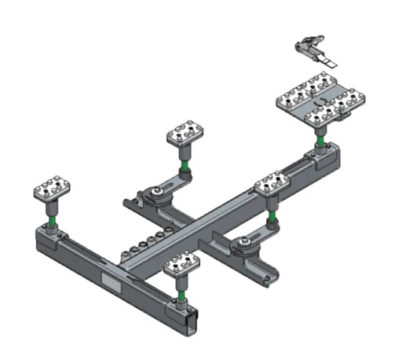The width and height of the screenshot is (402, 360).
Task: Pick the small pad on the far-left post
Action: point(53,188)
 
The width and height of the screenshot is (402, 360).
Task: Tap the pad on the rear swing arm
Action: point(185,134)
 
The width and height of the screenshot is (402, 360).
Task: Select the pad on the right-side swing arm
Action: point(272,186)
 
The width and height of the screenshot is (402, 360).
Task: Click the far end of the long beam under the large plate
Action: point(333,157)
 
